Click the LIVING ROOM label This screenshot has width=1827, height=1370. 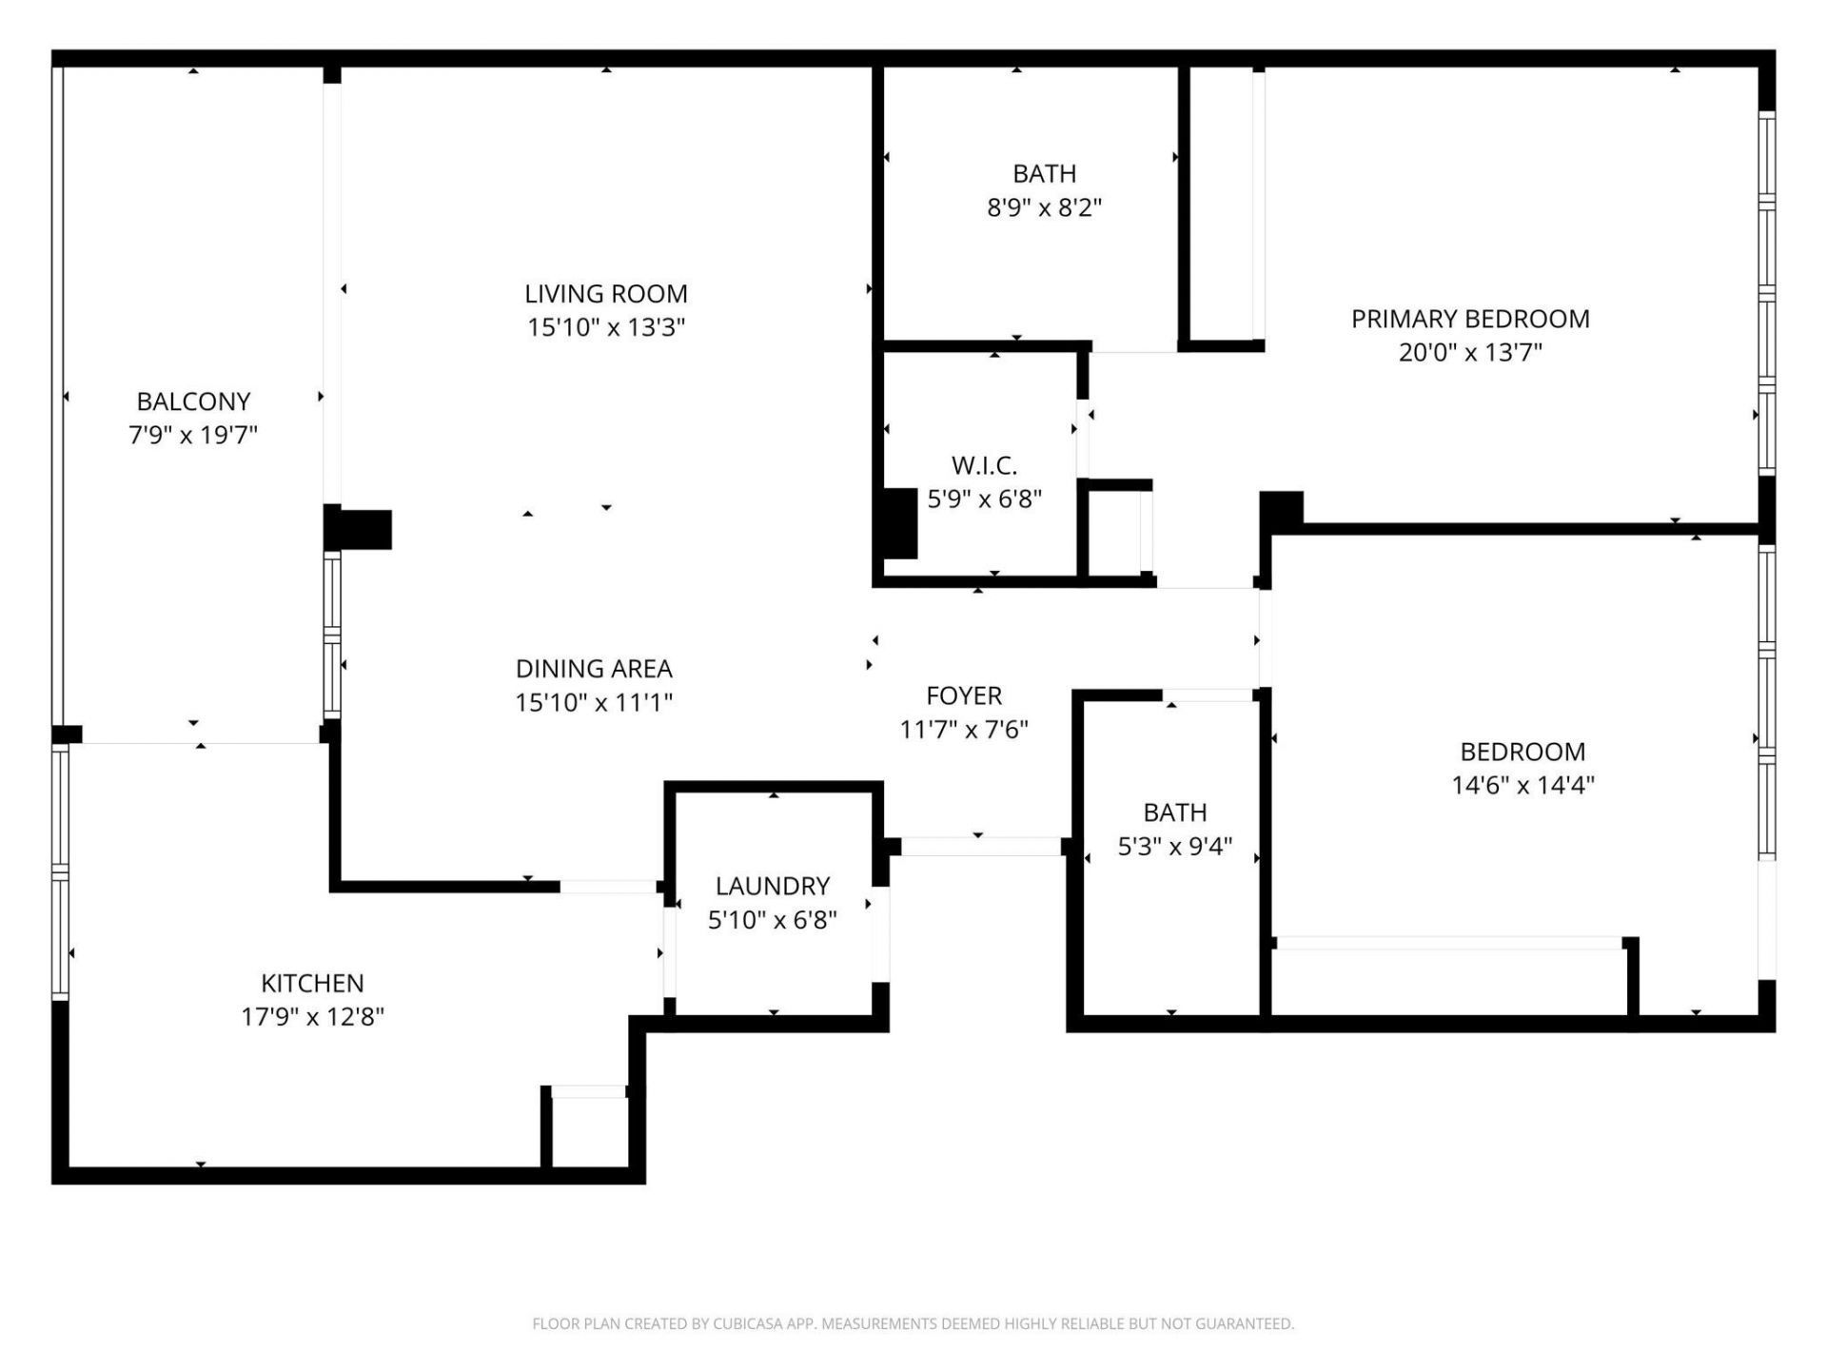pyautogui.click(x=606, y=294)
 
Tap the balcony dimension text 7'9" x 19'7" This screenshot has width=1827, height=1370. pyautogui.click(x=193, y=435)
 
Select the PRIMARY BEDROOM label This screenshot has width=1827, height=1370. pyautogui.click(x=1470, y=319)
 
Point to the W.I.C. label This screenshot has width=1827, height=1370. pyautogui.click(x=984, y=466)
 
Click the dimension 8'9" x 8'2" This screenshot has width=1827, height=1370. pyautogui.click(x=1044, y=207)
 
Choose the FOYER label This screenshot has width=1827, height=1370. pyautogui.click(x=964, y=695)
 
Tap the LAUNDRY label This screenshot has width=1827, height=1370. pyautogui.click(x=772, y=887)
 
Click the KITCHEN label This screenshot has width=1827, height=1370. pyautogui.click(x=312, y=983)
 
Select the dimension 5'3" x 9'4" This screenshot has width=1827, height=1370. pyautogui.click(x=1174, y=846)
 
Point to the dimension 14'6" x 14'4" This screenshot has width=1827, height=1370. pyautogui.click(x=1522, y=785)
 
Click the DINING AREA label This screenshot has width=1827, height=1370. pyautogui.click(x=594, y=669)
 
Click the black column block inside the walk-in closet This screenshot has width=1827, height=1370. pyautogui.click(x=896, y=522)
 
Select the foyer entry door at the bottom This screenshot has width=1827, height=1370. pyautogui.click(x=981, y=846)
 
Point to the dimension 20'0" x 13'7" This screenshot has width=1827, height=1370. pyautogui.click(x=1470, y=352)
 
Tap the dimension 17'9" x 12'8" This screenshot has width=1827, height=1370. pyautogui.click(x=312, y=1016)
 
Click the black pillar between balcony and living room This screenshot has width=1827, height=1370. pyautogui.click(x=359, y=530)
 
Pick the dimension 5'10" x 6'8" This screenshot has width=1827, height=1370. pyautogui.click(x=772, y=920)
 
